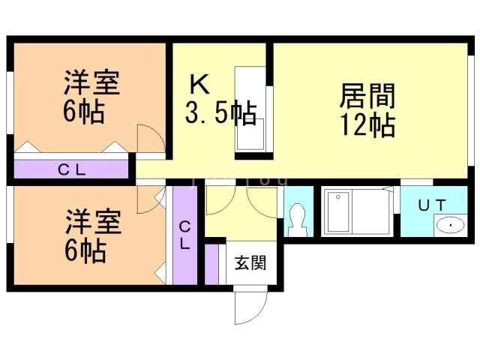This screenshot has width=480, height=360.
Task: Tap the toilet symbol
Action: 297,219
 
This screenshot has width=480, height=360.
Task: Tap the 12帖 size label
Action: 367,125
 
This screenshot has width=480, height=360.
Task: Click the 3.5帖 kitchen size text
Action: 220,114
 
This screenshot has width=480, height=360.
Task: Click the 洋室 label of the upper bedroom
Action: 91,83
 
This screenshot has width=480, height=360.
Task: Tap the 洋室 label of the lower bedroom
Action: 91,223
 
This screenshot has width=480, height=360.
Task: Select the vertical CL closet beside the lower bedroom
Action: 184,235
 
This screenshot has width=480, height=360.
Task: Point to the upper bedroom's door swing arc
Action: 147,139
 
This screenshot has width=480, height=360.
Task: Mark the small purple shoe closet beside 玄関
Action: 213,264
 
